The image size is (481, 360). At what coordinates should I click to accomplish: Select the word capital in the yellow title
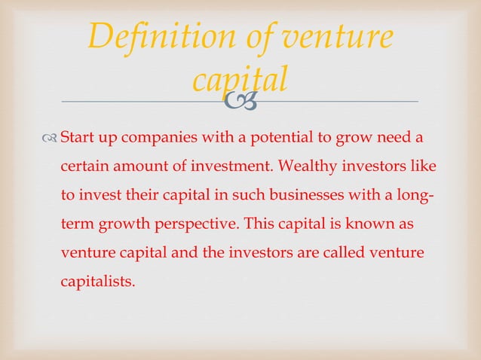pos(240,80)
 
